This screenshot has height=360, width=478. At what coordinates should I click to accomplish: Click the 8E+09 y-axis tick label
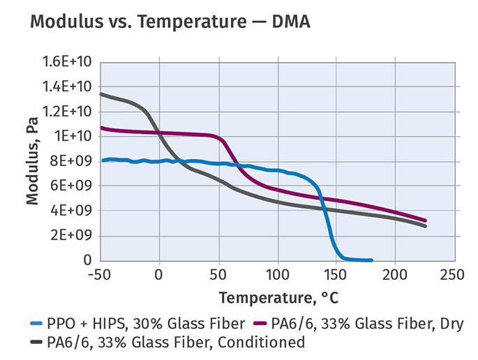[77, 161]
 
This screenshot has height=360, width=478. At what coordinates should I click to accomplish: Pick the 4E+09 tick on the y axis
[77, 211]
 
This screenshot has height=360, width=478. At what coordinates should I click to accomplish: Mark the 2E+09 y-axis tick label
[77, 236]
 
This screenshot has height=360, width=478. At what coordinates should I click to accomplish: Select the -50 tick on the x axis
[100, 276]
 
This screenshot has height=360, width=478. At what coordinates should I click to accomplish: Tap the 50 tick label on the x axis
[219, 276]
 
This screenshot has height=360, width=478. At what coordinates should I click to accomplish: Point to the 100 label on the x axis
[278, 276]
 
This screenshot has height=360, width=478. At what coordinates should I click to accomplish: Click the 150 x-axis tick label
[337, 276]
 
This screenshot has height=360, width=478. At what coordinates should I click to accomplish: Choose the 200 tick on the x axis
[396, 276]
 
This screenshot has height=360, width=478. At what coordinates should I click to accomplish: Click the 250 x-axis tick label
[455, 276]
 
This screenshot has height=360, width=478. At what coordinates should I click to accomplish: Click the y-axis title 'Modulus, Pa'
[32, 161]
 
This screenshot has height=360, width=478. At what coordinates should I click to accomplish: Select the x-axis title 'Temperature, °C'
[278, 299]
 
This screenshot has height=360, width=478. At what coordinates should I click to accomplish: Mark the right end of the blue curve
[372, 260]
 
